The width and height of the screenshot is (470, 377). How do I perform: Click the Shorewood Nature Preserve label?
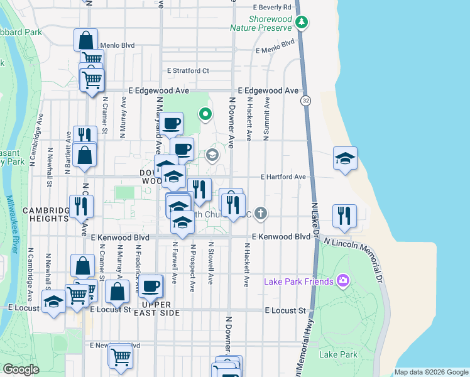click(261, 24)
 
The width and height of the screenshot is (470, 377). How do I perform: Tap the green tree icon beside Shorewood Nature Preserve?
click(302, 23)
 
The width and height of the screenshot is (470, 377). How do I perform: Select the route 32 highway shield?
click(305, 101)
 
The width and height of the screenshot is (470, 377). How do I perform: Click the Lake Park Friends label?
click(298, 281)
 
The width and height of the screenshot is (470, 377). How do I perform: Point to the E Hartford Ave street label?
click(283, 177)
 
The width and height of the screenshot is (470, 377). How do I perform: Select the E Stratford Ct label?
click(187, 71)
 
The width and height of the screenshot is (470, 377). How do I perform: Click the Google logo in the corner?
click(21, 369)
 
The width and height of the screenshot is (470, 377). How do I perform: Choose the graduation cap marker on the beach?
click(345, 159)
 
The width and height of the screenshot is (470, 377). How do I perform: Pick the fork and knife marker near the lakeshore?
click(345, 215)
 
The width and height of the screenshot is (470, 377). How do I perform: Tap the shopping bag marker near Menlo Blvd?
click(86, 40)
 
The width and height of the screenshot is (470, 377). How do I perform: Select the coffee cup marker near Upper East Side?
click(150, 287)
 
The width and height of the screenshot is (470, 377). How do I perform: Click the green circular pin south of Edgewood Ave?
click(204, 114)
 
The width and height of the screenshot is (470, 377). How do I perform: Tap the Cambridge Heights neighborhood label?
click(45, 214)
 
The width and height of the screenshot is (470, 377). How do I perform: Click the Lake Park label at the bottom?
click(338, 355)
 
